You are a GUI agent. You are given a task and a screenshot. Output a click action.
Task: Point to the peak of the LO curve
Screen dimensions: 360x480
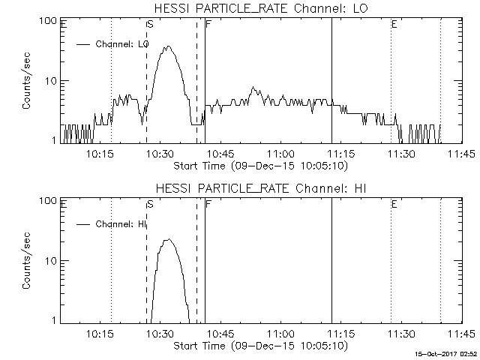[168, 46]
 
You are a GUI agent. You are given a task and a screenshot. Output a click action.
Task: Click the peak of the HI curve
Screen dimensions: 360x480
[168, 240]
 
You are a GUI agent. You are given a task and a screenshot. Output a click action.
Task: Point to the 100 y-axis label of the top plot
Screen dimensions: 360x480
[49, 20]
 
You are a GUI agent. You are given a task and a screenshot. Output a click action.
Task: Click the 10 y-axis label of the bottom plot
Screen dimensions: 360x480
[52, 261]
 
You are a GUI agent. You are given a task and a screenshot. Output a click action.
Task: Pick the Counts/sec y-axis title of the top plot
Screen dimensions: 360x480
[27, 81]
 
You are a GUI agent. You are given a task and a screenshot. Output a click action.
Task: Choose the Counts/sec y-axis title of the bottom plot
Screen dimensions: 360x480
[27, 261]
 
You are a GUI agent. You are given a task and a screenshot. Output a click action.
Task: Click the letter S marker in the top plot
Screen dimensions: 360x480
[150, 25]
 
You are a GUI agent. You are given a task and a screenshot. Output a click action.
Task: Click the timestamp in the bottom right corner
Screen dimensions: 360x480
[447, 352]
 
